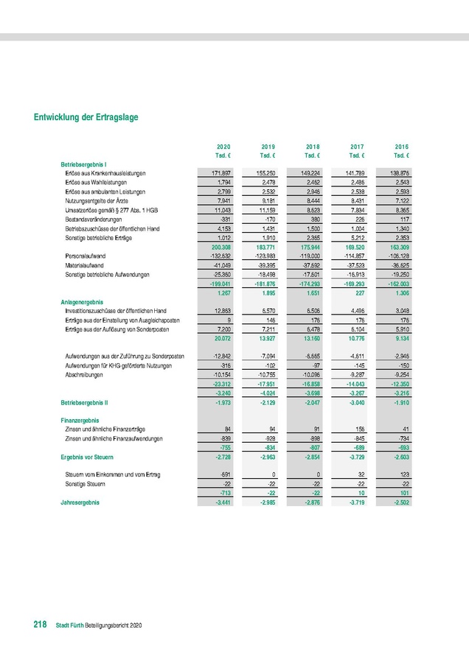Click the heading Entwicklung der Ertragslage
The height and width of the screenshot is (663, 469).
click(x=86, y=117)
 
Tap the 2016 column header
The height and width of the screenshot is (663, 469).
click(x=402, y=146)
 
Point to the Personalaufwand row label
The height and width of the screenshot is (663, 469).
click(x=86, y=256)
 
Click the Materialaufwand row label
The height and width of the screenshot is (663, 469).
click(x=85, y=265)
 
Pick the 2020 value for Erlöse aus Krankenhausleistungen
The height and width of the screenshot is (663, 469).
click(x=220, y=172)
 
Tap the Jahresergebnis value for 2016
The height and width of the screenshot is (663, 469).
click(x=401, y=502)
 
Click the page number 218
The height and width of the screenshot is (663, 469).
click(x=41, y=625)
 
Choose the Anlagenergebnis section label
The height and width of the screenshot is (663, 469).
click(x=82, y=302)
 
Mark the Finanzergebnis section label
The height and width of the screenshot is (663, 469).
click(x=80, y=419)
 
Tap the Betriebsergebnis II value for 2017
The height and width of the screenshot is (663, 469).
click(x=356, y=403)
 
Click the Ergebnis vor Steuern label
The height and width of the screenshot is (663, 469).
click(x=86, y=457)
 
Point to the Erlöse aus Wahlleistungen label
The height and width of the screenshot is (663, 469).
click(x=96, y=181)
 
